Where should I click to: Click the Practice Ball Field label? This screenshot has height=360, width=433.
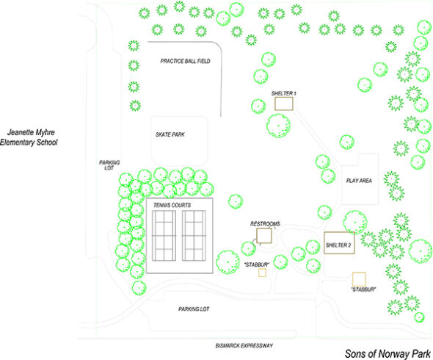(185, 61)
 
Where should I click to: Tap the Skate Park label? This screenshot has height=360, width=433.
(170, 134)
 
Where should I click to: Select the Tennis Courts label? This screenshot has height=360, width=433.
(172, 205)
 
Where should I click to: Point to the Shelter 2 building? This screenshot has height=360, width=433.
(339, 242)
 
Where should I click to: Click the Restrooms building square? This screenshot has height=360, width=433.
(264, 236)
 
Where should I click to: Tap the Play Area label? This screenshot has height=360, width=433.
(359, 181)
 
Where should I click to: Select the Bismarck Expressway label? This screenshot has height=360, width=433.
(244, 345)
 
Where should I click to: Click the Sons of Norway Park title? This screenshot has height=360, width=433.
(387, 354)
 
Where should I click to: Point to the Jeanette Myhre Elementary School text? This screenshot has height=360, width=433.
(29, 137)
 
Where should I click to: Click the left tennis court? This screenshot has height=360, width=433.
(164, 236)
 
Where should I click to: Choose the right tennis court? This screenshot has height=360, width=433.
(194, 236)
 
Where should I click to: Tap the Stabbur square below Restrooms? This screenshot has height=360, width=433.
(262, 273)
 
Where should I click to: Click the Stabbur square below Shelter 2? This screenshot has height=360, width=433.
(359, 279)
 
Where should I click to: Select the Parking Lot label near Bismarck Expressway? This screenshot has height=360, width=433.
(194, 309)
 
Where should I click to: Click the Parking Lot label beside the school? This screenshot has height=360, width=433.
(109, 165)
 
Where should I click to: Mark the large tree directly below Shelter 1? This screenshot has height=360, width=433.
(278, 126)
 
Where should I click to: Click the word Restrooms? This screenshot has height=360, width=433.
(265, 223)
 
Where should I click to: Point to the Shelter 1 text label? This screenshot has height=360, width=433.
(283, 93)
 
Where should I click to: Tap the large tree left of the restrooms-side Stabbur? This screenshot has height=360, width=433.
(228, 262)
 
